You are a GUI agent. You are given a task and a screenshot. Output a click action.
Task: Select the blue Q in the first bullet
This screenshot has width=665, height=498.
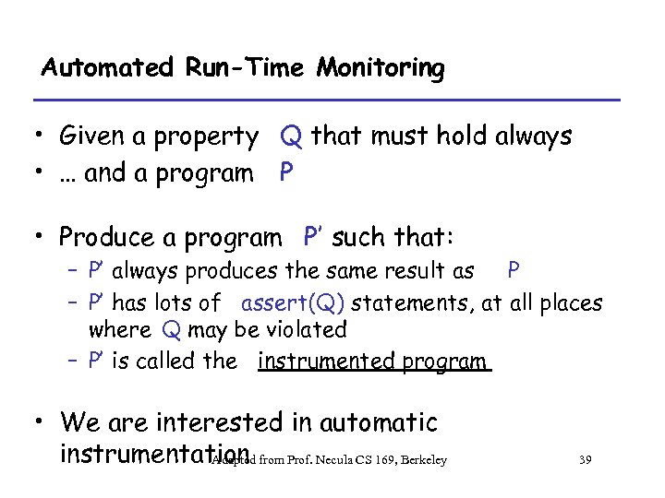click(x=291, y=137)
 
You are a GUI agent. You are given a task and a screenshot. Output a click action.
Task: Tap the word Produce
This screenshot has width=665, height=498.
click(x=118, y=238)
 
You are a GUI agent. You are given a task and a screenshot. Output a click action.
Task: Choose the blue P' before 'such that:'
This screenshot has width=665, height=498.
click(x=313, y=237)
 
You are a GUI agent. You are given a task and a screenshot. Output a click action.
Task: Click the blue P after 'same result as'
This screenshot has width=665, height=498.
click(x=513, y=271)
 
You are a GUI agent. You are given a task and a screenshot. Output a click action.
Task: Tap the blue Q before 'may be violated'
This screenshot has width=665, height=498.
click(x=170, y=330)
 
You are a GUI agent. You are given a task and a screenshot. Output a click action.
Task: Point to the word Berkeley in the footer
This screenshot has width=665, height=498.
click(x=423, y=460)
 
